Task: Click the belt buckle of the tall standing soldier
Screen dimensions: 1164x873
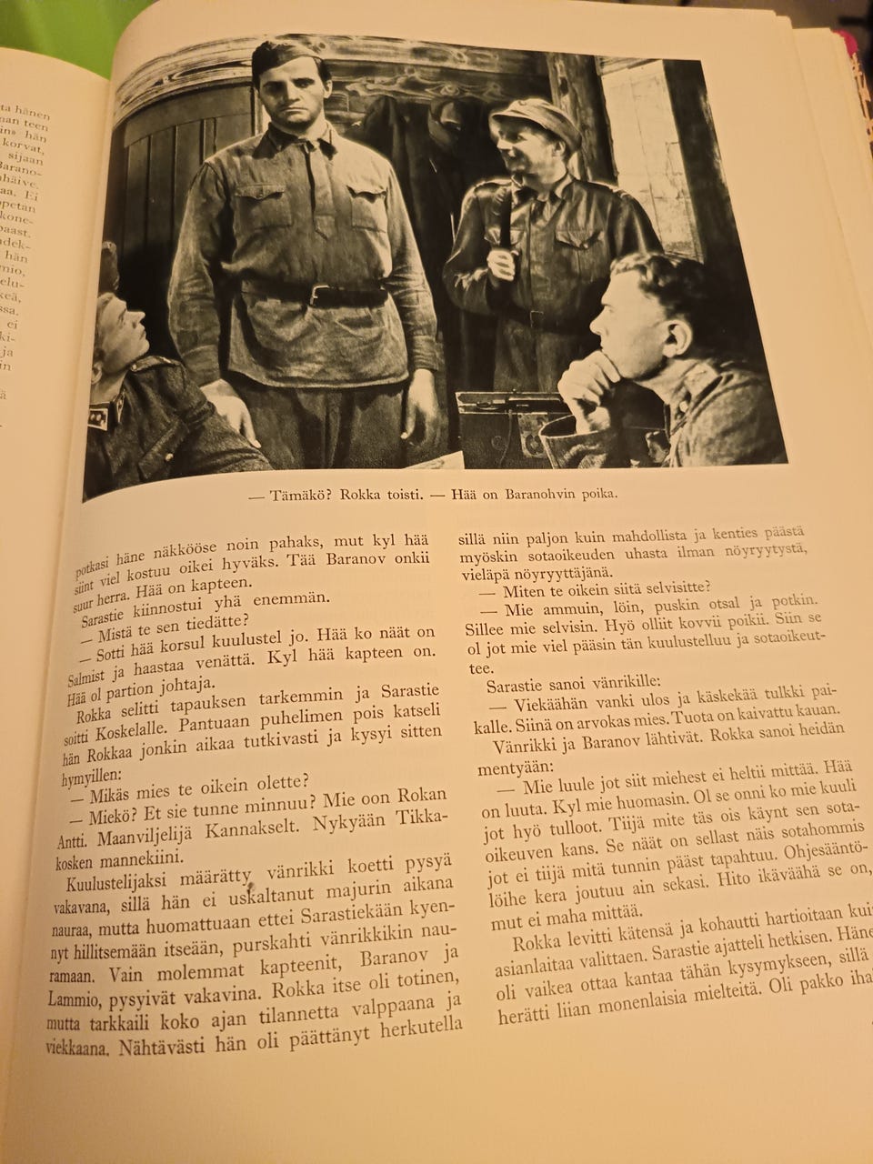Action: (319, 294)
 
